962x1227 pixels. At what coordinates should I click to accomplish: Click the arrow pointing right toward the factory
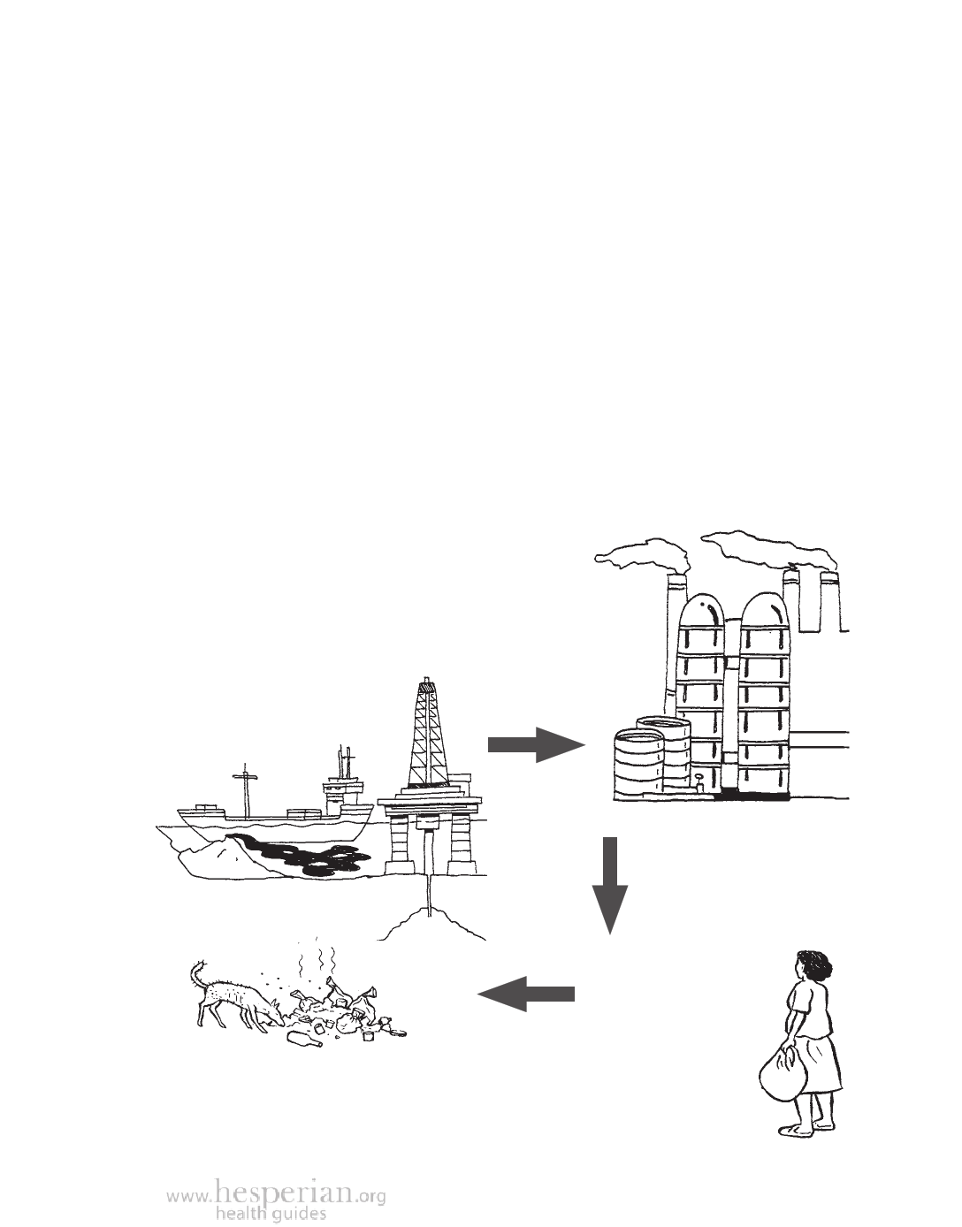click(537, 745)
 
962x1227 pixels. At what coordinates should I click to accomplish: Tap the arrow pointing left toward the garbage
click(526, 994)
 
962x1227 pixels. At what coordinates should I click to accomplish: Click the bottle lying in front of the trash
click(305, 1039)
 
